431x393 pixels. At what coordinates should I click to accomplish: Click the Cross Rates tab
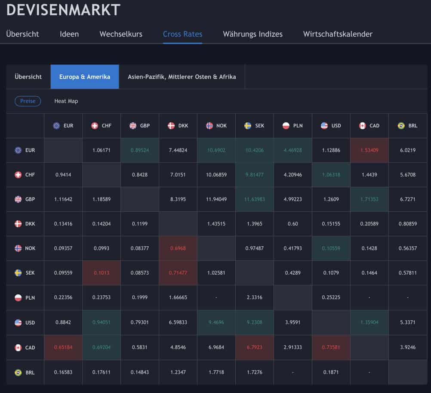pos(182,34)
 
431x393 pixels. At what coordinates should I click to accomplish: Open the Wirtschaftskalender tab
pos(338,34)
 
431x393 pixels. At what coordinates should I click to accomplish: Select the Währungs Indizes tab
pos(252,34)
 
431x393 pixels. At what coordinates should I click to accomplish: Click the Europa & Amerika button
pos(85,77)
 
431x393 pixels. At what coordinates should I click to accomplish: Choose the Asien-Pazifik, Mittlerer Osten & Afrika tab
pos(182,77)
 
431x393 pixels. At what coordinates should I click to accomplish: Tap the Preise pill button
pos(28,101)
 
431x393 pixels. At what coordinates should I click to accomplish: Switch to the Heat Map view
pos(66,101)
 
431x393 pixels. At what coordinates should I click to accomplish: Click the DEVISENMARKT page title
pos(63,9)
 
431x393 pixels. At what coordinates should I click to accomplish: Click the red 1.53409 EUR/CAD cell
pos(369,150)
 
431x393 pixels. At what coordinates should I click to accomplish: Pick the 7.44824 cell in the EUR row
pos(178,150)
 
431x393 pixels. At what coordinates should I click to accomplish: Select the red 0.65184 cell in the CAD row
pos(63,347)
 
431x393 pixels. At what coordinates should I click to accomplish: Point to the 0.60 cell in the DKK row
pos(292,224)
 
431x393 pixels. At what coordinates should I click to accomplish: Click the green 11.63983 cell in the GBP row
pos(254,199)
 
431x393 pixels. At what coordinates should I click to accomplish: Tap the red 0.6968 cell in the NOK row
pos(178,248)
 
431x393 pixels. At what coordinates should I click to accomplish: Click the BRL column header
pos(407,126)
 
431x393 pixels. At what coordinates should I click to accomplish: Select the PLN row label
pos(25,297)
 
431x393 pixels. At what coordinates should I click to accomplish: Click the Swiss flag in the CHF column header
pos(95,126)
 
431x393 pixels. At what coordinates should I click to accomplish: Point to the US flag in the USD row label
pos(18,322)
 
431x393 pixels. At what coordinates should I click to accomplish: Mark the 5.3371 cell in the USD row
pos(407,322)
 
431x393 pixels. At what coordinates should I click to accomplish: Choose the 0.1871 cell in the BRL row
pos(331,372)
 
